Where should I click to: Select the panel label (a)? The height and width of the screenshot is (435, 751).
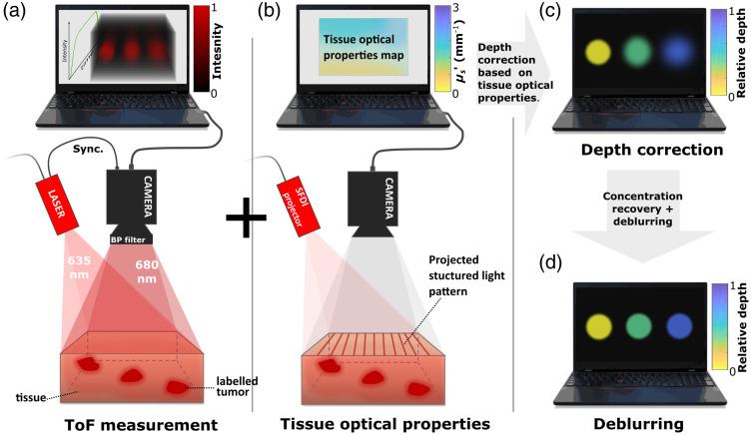16,14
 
